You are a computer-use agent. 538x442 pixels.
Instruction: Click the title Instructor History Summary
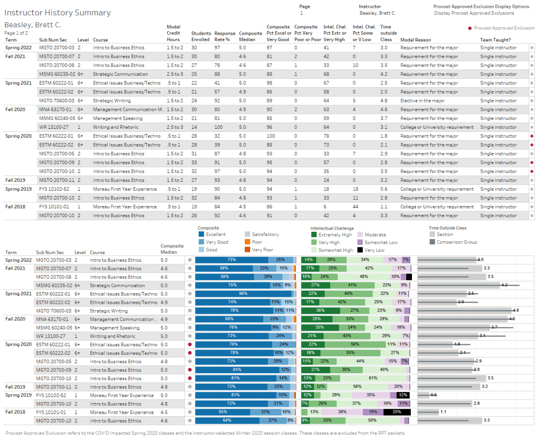coord(57,13)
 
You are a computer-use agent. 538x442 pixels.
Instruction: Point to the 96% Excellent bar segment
coord(243,293)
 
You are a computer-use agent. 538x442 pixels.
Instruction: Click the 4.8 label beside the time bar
coord(515,310)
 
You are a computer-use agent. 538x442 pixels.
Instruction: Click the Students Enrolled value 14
coord(194,127)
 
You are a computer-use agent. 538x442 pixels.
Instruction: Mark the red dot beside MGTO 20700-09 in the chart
coord(190,370)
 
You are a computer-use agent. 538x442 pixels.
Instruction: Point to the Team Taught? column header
coord(495,40)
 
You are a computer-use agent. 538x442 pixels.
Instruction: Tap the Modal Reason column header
coord(415,40)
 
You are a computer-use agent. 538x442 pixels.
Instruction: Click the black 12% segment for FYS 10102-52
coord(402,395)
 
